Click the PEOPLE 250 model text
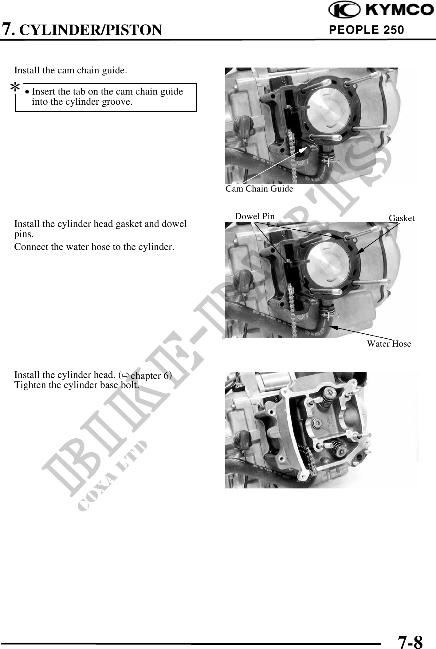(366, 30)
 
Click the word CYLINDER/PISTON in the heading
(92, 30)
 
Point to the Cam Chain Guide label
(259, 188)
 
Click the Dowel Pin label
(254, 216)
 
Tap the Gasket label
(402, 218)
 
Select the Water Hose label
(389, 344)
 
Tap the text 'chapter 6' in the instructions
(151, 376)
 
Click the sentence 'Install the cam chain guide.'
(70, 71)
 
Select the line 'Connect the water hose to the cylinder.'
(94, 247)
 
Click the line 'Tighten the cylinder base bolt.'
(77, 385)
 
